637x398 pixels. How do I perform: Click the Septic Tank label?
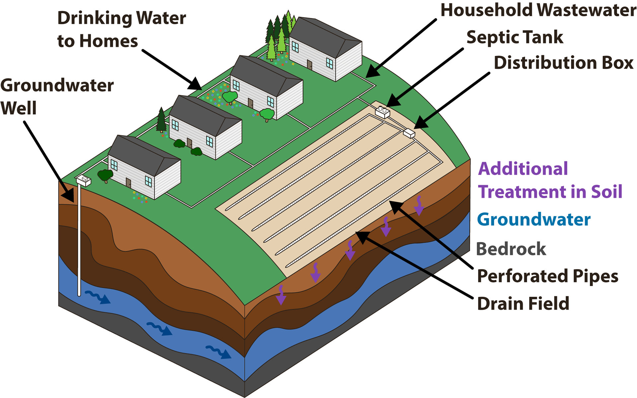[515, 37]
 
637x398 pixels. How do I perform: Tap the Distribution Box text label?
[564, 63]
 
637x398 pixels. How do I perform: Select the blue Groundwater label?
[534, 219]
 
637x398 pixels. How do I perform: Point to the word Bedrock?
[511, 249]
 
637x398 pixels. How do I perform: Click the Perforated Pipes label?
[547, 276]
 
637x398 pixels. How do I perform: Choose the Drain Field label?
[523, 303]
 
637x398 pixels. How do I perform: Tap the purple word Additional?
[523, 169]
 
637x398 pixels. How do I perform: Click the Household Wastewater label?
[538, 10]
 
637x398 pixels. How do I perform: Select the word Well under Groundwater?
[18, 108]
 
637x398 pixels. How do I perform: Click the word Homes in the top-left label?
[108, 41]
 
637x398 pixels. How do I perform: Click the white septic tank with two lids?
[382, 112]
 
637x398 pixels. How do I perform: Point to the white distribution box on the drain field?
[409, 133]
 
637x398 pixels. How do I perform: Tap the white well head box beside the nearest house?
[84, 181]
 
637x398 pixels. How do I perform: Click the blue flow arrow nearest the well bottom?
[98, 297]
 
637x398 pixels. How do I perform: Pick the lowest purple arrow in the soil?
[281, 295]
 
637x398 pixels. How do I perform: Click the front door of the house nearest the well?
[128, 183]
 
